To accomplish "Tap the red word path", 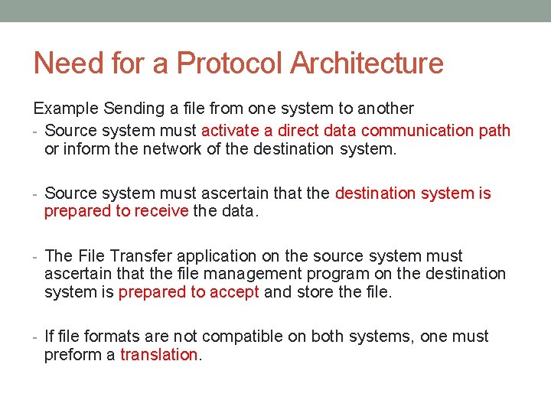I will (x=495, y=131).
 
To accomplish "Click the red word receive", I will (x=160, y=211).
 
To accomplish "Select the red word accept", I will (x=234, y=292).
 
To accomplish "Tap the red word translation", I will (x=159, y=355).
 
